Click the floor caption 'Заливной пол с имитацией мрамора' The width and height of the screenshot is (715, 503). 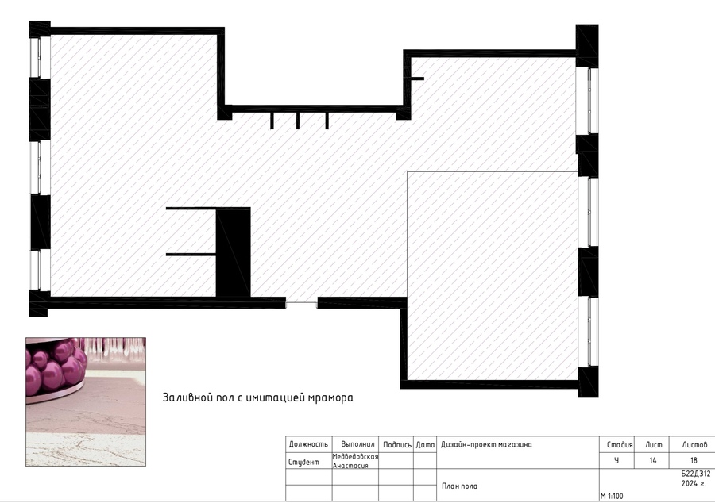coord(257,397)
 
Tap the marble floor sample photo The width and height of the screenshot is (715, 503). coord(86,402)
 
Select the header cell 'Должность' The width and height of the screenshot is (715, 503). coord(308,444)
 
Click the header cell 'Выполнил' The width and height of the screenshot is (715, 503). coord(358,444)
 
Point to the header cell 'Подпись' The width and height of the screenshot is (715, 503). coord(397,445)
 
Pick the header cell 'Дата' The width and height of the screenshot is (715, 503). coord(425,445)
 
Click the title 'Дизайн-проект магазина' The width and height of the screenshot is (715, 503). coord(486,445)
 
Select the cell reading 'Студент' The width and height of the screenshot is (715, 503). coord(303,462)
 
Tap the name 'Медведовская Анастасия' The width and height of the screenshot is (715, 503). coord(355,461)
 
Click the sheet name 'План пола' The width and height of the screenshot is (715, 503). coord(460,486)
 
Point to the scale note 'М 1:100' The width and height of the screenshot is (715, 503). coord(612,496)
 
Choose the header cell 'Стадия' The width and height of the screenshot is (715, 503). coord(620,445)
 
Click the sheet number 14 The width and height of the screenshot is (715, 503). coord(652,461)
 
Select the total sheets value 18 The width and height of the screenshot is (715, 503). coord(694,461)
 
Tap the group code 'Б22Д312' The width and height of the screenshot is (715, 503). coord(695,474)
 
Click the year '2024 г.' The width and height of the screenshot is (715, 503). coord(694,483)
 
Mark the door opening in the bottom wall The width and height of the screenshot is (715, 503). coord(301,303)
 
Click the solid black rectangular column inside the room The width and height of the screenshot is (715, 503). coord(233,252)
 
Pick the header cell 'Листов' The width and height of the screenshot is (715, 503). coord(694,445)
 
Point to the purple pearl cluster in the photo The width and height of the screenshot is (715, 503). coord(56,367)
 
